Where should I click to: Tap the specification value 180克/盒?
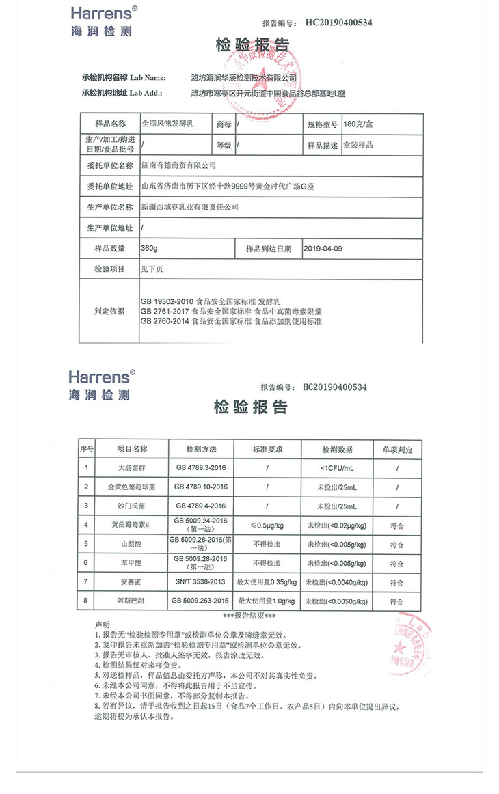(359, 124)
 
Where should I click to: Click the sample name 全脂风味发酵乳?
(168, 124)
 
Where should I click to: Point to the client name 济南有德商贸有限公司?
(178, 165)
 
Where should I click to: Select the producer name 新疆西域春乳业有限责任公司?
(189, 206)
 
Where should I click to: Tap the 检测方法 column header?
(201, 449)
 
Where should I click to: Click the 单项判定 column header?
(397, 450)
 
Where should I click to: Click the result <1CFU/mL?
(337, 468)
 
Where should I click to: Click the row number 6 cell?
(86, 563)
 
